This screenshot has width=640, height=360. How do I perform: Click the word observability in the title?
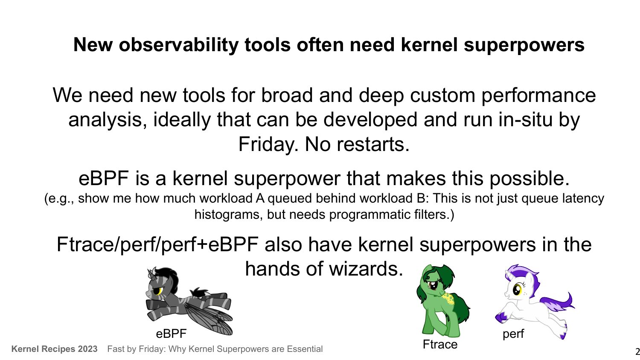(x=179, y=45)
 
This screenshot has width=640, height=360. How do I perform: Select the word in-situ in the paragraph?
(x=525, y=119)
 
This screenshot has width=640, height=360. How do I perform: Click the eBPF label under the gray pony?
(x=171, y=334)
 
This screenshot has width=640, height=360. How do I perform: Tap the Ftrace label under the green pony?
(x=440, y=344)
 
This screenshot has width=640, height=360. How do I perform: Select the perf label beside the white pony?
(x=513, y=334)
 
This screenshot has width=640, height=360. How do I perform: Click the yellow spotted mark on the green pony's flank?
(x=448, y=299)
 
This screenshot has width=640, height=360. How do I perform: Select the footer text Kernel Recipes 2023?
(x=54, y=349)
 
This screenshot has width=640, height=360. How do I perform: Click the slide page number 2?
(x=637, y=351)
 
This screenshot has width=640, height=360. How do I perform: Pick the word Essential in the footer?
(x=305, y=349)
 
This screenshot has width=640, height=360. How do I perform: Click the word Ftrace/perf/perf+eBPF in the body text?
(x=157, y=244)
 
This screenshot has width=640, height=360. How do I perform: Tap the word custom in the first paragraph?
(x=442, y=96)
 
